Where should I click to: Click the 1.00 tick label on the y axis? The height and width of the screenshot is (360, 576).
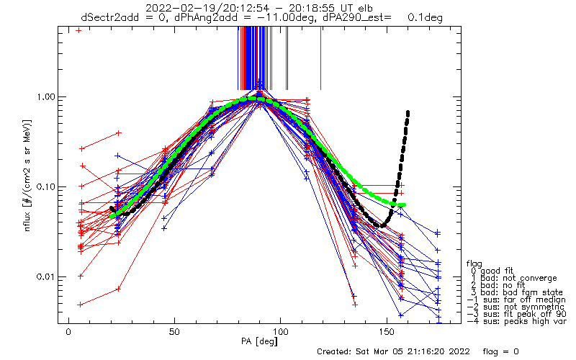(45, 96)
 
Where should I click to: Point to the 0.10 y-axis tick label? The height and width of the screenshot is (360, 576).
(45, 186)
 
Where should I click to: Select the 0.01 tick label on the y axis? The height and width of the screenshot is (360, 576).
(45, 276)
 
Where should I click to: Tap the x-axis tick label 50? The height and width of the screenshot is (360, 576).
(174, 332)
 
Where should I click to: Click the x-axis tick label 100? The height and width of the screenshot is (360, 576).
(280, 332)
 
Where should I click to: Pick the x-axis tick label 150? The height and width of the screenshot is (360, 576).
(387, 332)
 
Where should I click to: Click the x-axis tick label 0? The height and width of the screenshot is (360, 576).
(68, 332)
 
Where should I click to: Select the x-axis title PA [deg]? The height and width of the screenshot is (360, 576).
(259, 341)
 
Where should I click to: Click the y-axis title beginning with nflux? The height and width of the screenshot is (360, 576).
(27, 175)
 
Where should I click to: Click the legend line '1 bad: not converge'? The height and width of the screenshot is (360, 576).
(514, 278)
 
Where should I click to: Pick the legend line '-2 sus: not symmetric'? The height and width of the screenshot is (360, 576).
(516, 307)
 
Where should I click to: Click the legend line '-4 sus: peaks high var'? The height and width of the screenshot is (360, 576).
(516, 321)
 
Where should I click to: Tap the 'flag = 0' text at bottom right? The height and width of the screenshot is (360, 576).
(500, 351)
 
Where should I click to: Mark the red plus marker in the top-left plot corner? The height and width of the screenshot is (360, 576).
(78, 30)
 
